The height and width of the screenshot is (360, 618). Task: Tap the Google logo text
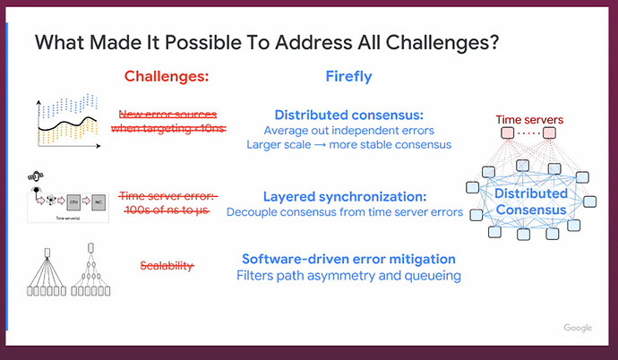[x=578, y=328]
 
